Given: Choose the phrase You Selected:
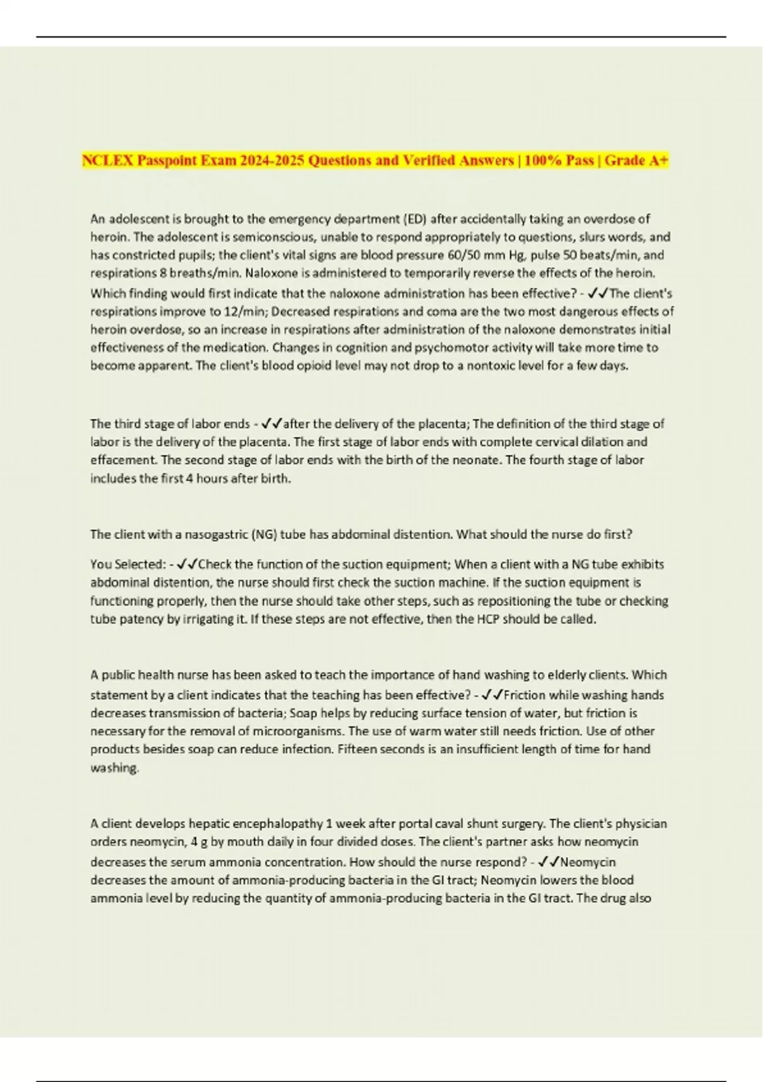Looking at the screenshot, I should tap(128, 565).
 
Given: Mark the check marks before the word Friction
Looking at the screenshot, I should tap(492, 695).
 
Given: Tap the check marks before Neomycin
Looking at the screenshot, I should tap(548, 862).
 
